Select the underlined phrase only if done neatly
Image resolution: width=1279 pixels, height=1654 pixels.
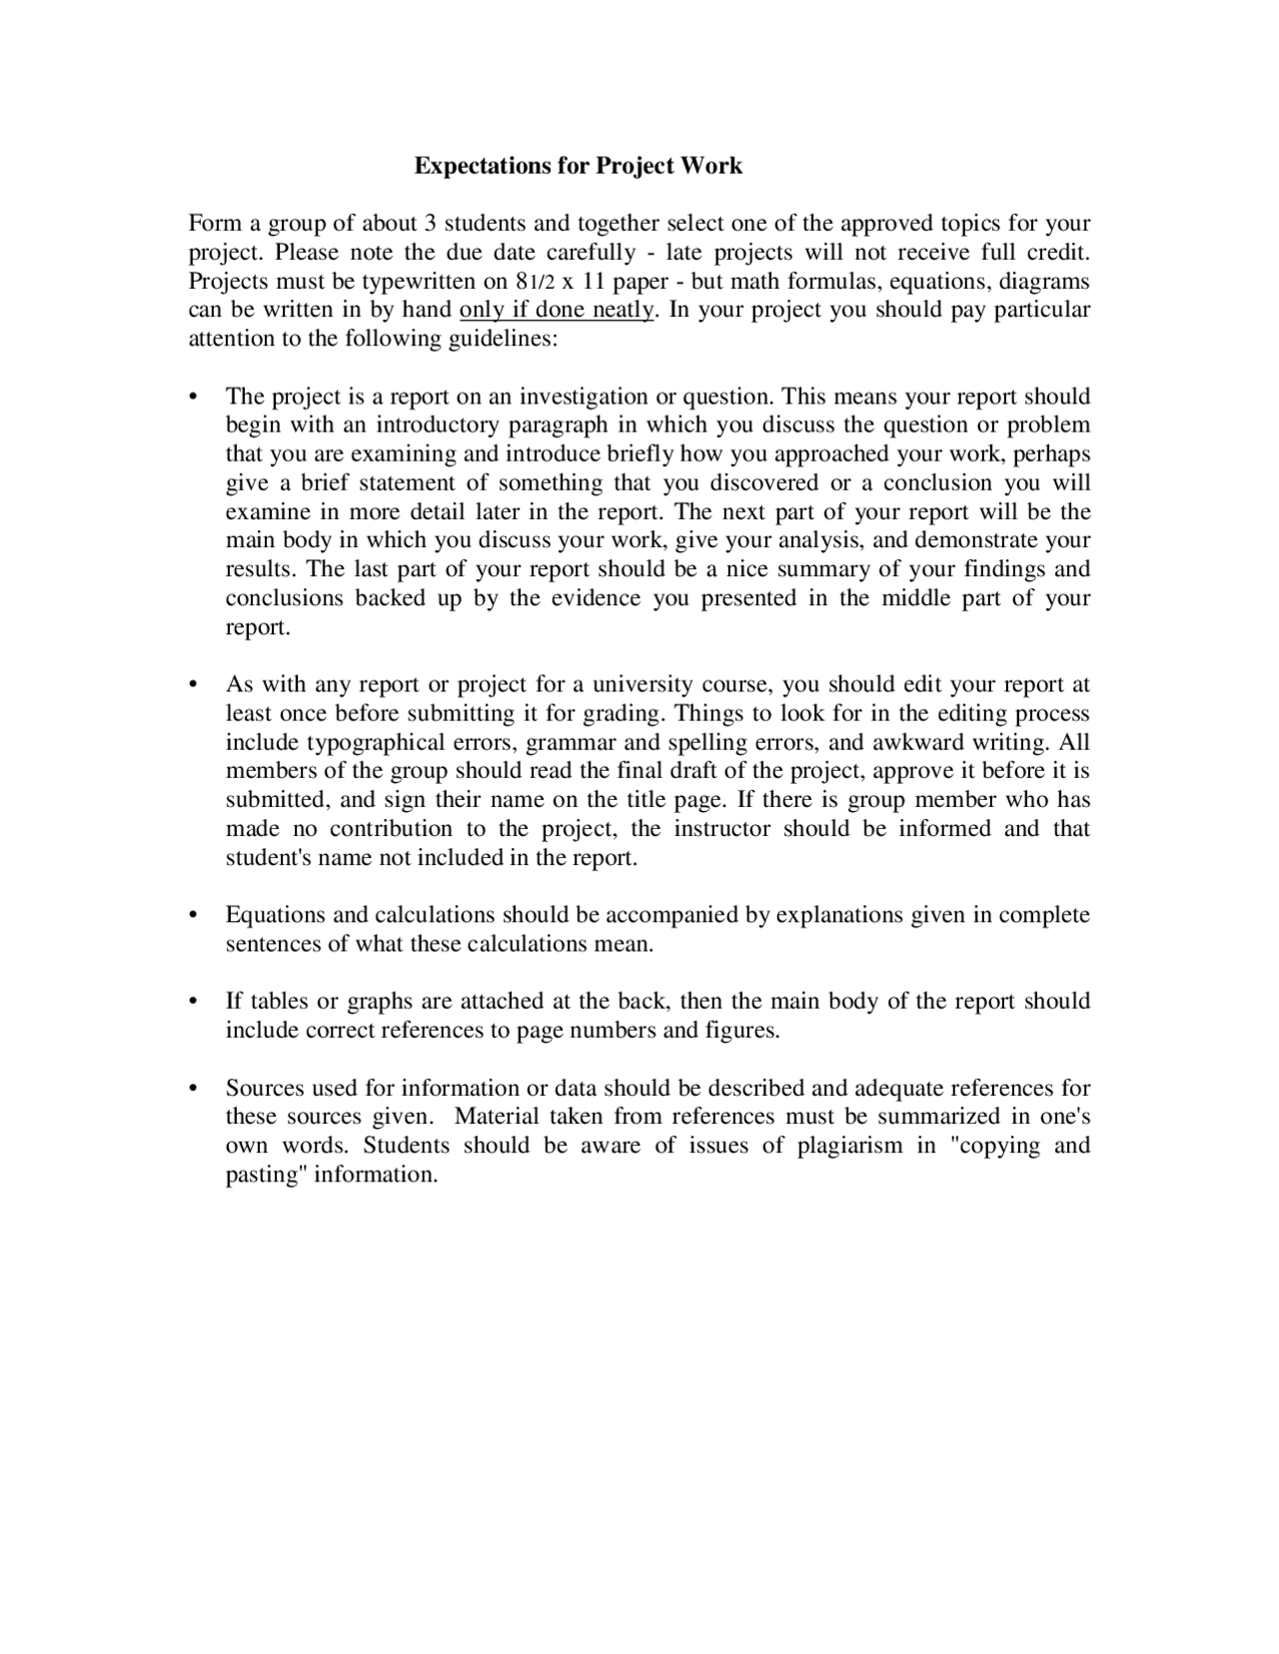[557, 310]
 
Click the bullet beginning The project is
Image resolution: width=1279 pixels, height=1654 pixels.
[194, 398]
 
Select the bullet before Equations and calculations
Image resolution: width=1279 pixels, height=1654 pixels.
[194, 916]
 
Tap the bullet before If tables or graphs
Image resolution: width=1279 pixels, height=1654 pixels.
[194, 1002]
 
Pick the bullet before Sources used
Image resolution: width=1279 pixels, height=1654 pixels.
[194, 1089]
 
